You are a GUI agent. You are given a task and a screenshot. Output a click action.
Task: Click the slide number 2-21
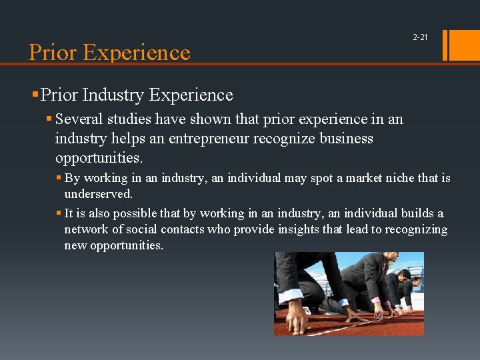coord(420,37)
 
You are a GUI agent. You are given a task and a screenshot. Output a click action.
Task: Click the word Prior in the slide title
coord(53,52)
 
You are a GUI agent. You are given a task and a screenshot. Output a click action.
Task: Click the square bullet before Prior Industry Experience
coord(35,95)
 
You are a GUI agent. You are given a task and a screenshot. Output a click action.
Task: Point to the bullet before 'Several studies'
coord(50,119)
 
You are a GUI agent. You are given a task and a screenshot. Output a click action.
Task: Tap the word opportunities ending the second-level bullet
coord(99,159)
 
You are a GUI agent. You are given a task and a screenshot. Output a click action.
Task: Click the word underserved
coord(98,194)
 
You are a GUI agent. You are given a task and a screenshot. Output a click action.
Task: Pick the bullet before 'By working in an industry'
coord(59,179)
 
